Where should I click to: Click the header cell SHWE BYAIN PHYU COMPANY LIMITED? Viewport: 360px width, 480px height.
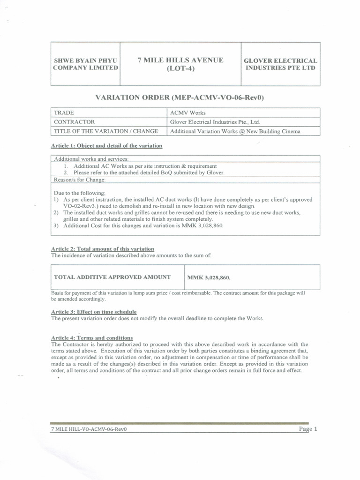tap(85, 64)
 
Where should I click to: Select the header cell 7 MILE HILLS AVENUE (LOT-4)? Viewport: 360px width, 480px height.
tap(180, 64)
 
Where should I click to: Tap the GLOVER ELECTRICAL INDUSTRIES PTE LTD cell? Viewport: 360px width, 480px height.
tap(280, 64)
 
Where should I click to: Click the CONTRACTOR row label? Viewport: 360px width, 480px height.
tap(75, 122)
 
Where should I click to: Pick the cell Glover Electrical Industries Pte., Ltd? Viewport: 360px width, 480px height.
tap(215, 122)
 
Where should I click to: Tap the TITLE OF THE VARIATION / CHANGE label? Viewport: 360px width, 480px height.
tap(106, 131)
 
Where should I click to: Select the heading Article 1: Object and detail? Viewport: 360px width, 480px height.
tap(107, 146)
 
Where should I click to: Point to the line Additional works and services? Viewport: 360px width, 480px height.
tap(91, 159)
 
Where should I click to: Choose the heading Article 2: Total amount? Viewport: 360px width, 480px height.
tap(103, 248)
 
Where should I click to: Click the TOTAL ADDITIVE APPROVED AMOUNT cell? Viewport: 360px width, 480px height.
tap(112, 277)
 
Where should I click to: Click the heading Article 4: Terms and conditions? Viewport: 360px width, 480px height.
tap(92, 337)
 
